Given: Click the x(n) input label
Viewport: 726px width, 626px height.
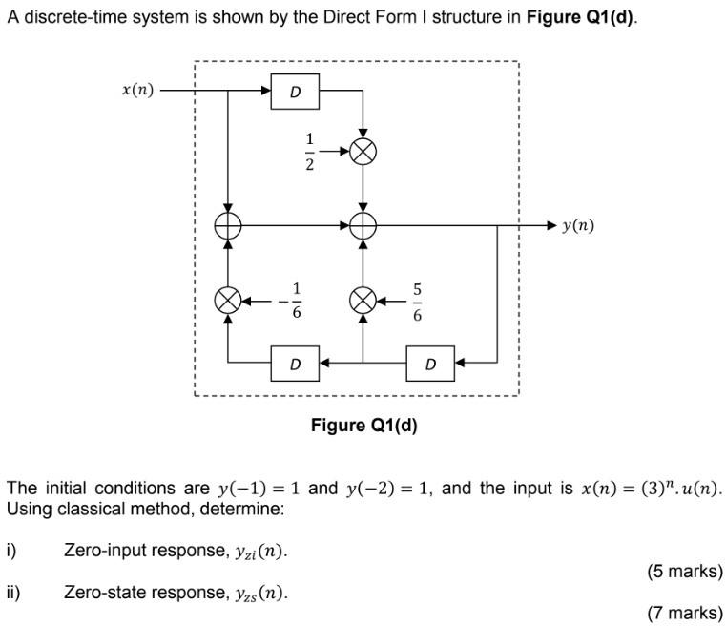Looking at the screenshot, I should click(137, 91).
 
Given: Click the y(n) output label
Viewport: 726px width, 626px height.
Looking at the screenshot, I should click(577, 225).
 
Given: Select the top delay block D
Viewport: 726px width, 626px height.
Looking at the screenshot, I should click(296, 92).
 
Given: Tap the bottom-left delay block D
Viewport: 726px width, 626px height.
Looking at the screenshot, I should click(296, 364).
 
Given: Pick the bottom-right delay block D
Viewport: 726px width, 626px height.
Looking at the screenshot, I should click(430, 364).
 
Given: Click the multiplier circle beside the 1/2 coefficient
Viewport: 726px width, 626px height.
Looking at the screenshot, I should click(363, 151).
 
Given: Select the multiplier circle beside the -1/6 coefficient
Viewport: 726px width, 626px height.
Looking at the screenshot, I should click(228, 301).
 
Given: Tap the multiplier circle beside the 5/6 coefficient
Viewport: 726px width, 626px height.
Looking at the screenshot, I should click(363, 301).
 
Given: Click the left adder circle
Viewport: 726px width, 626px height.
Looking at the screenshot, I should click(228, 225).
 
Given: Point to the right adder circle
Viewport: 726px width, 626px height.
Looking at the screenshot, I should click(363, 225).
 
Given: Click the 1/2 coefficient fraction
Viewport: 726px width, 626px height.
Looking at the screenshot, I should click(309, 151).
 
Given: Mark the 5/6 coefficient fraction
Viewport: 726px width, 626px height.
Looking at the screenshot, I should click(417, 301).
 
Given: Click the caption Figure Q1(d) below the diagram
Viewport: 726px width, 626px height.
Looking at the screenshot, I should click(363, 426).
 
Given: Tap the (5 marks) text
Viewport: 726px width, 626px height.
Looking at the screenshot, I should click(684, 572).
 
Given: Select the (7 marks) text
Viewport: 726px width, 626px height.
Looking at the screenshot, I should click(684, 612).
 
